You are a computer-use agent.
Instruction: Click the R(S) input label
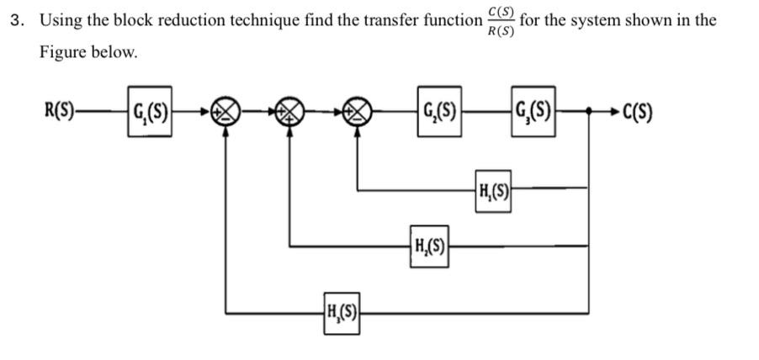(60, 110)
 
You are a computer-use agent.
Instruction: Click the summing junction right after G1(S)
(226, 111)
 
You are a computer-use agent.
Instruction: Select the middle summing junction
(291, 111)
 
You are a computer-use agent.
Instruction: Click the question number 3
(15, 20)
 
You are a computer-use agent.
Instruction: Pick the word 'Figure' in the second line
(62, 51)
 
